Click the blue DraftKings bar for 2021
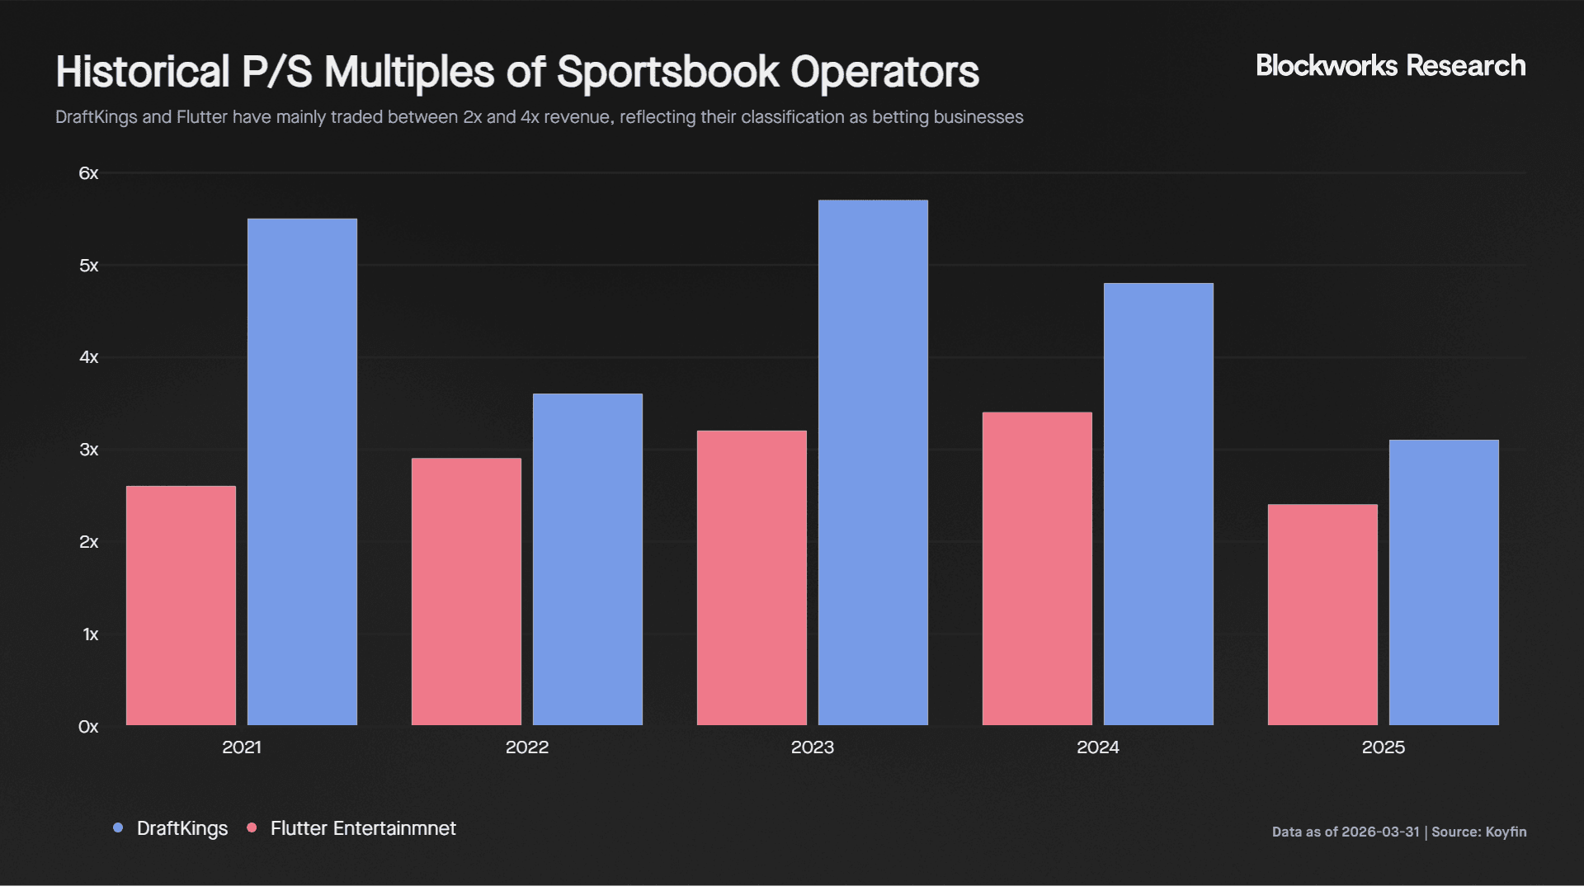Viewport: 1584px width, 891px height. [x=302, y=472]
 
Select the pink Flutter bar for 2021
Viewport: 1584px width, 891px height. [x=181, y=606]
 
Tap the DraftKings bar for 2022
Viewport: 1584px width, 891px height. [x=587, y=559]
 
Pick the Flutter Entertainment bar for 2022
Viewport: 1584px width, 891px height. [x=466, y=592]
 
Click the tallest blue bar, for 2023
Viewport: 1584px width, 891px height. [x=873, y=463]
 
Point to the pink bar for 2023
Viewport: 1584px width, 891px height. [x=752, y=577]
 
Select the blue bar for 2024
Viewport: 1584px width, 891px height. [x=1158, y=504]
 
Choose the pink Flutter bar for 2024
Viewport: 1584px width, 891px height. [x=1037, y=568]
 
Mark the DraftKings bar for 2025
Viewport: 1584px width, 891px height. [x=1444, y=582]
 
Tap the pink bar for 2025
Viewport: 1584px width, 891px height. [x=1322, y=615]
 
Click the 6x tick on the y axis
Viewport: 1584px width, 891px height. [x=88, y=173]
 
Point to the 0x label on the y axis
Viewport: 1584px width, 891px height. [x=88, y=727]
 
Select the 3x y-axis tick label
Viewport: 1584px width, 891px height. [x=88, y=450]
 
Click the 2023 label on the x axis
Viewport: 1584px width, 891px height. [x=812, y=747]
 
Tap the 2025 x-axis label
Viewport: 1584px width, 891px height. [x=1383, y=747]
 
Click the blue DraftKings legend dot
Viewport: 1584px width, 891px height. [x=118, y=827]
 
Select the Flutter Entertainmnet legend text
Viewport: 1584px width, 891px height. [x=363, y=828]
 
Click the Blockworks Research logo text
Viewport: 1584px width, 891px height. [x=1390, y=66]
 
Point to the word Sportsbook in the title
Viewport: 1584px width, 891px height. [x=667, y=73]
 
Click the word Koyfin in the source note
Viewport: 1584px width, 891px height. [x=1506, y=832]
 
